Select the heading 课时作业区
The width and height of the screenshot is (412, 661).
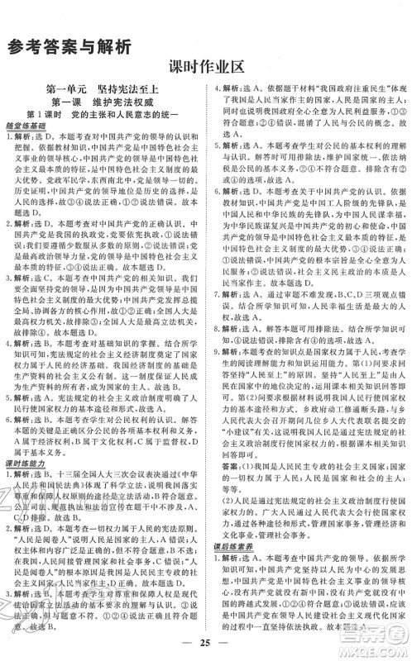point(205,68)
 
